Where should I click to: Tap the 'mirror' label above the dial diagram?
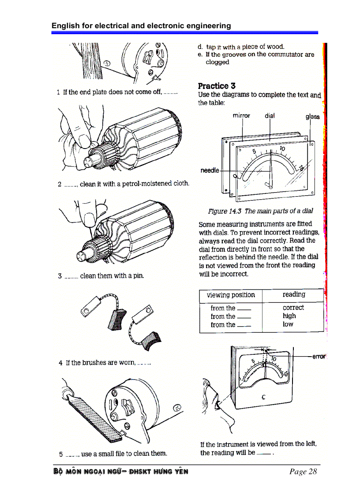[x=241, y=116]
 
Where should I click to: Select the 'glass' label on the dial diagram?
[x=312, y=116]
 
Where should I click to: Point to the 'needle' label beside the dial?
[x=210, y=170]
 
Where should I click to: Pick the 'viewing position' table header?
[x=231, y=295]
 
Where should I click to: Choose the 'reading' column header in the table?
[x=294, y=294]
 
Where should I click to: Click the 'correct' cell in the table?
[x=293, y=308]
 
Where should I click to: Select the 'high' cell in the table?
[x=289, y=316]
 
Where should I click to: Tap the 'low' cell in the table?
[x=288, y=324]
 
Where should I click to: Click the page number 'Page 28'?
[x=303, y=472]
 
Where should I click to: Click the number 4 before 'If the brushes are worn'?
[x=60, y=363]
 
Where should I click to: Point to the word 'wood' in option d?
[x=275, y=46]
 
